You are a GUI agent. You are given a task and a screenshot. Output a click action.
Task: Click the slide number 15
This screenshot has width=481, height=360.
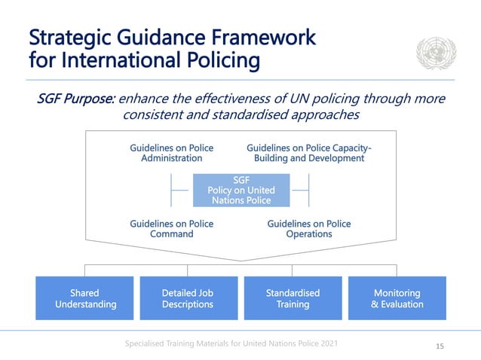coord(441,346)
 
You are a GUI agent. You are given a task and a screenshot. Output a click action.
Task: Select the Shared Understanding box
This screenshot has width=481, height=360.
coord(85,298)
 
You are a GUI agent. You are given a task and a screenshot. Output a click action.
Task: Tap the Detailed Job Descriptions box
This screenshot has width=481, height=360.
coord(188,298)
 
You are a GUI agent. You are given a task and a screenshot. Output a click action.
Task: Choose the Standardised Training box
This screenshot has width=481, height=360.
coord(293,298)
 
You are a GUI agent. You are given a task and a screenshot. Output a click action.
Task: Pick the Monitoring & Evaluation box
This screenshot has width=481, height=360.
coord(397,298)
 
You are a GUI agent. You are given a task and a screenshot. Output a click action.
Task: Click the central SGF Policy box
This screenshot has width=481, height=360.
coord(241,191)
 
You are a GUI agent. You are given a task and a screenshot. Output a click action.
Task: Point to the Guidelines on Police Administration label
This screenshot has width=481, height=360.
coord(172,153)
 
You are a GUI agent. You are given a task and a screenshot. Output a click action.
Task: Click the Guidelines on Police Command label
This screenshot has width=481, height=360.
coord(172,228)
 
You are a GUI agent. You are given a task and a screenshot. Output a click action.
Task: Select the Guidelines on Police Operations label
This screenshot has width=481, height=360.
coord(309,228)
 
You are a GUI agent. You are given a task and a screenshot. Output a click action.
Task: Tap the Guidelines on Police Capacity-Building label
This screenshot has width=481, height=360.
coord(309,153)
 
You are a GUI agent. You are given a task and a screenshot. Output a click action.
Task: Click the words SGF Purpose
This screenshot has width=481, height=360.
coord(75,99)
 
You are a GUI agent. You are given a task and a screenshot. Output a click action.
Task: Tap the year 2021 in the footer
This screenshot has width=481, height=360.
coord(325,343)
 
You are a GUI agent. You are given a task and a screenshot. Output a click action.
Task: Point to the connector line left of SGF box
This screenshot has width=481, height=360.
coord(179,191)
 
